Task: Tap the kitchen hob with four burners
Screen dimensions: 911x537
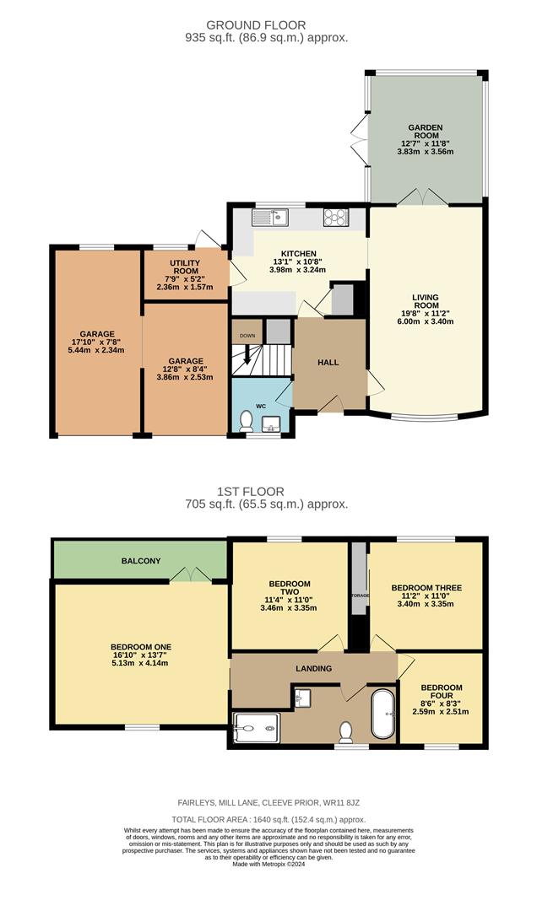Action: pos(335,218)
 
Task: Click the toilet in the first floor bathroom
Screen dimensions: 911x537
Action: pos(345,730)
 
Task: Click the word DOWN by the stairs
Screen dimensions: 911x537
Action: pos(247,335)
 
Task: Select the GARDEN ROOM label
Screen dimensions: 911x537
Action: pos(426,128)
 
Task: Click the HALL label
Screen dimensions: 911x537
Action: pos(328,362)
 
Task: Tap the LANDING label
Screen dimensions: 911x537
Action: pos(313,669)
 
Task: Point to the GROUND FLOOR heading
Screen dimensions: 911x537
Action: pos(268,25)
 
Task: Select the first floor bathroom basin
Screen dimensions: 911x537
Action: pos(304,698)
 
